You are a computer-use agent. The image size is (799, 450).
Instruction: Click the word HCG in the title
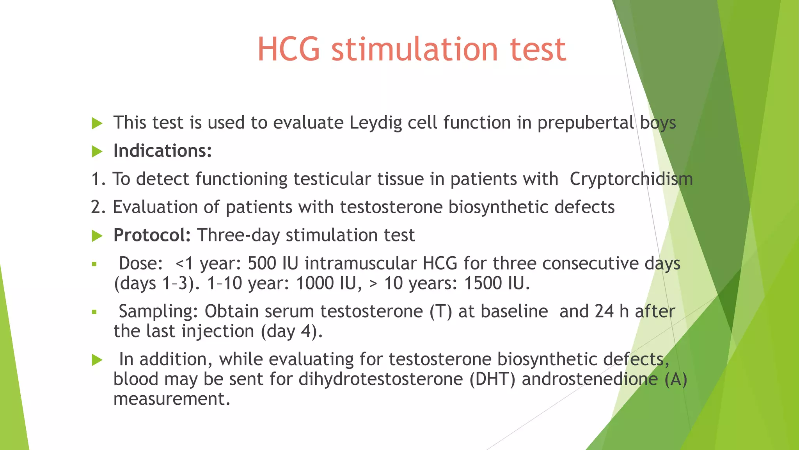(x=289, y=50)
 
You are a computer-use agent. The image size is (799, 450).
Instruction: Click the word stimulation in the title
(x=415, y=50)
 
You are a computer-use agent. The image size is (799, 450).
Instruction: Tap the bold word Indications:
(x=162, y=151)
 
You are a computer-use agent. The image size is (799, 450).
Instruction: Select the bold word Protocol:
(x=152, y=235)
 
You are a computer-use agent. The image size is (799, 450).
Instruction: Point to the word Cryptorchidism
(x=631, y=179)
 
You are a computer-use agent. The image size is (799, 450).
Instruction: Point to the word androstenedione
(x=589, y=379)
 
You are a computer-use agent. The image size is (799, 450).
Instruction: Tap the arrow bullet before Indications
(x=97, y=152)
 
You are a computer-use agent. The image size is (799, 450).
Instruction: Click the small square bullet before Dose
(x=94, y=264)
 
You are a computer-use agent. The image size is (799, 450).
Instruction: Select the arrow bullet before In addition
(x=97, y=360)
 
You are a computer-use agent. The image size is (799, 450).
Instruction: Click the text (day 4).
(x=291, y=332)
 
